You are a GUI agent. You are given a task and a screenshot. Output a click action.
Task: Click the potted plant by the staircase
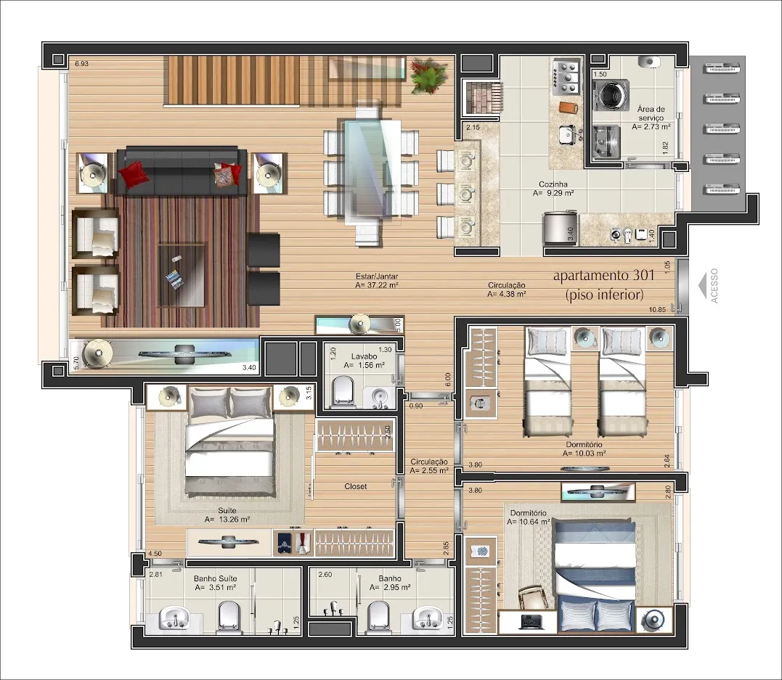tap(428, 75)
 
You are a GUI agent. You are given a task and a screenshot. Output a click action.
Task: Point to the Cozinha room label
tap(553, 184)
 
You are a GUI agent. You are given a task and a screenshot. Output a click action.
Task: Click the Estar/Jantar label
tap(377, 276)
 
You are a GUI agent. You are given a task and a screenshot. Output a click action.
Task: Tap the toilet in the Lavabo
tap(343, 390)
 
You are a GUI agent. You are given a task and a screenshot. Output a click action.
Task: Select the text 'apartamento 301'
tap(603, 275)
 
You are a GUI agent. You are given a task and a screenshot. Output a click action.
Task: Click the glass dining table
tap(370, 171)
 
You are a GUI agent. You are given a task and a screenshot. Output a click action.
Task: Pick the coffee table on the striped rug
tap(182, 275)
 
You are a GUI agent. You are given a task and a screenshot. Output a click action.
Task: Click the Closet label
tap(355, 486)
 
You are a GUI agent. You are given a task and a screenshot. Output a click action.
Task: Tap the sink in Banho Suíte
tap(174, 618)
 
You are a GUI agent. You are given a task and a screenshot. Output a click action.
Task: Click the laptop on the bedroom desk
tap(531, 621)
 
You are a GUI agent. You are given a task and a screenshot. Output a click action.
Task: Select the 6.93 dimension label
tap(81, 64)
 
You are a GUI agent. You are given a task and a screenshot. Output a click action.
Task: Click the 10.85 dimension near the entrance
tap(657, 310)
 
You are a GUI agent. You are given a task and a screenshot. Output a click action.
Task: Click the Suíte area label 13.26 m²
tap(227, 519)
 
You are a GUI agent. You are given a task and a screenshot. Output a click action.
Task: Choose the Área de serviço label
tap(651, 113)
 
